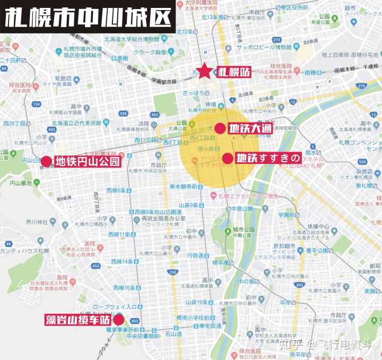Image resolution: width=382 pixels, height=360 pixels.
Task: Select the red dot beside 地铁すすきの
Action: click(x=227, y=158)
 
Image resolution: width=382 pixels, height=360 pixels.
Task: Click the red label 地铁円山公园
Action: click(x=88, y=161)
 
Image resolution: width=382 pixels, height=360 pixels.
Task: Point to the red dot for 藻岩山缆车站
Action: click(x=118, y=319)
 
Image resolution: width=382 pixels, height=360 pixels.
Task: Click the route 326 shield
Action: click(x=123, y=113)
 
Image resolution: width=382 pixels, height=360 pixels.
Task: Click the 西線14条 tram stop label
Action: click(x=119, y=261)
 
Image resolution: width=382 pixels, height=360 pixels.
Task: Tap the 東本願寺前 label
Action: click(x=184, y=187)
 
